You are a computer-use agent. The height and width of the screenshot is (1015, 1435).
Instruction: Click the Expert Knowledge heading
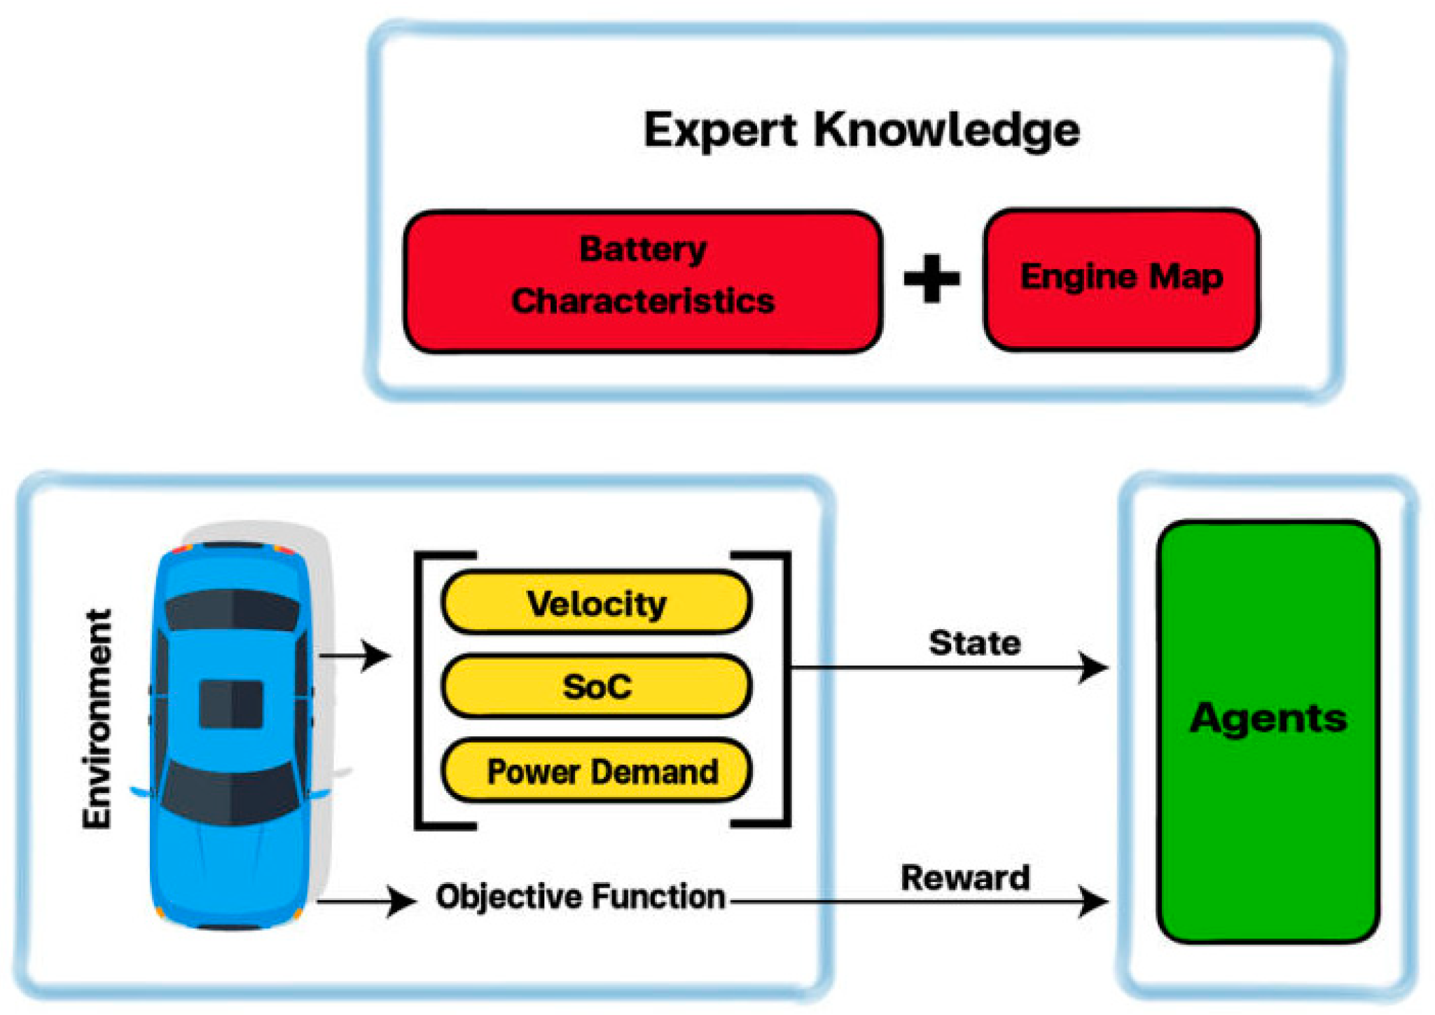[x=861, y=130]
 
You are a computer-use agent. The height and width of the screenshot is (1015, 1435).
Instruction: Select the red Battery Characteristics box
[x=642, y=281]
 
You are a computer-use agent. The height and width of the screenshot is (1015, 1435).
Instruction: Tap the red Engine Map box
[x=1121, y=279]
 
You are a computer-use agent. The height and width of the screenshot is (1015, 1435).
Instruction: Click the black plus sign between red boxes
[x=931, y=279]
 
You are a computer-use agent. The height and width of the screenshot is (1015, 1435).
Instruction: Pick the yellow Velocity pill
[x=596, y=603]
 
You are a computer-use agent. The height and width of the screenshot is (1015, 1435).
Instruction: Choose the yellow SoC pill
[x=596, y=686]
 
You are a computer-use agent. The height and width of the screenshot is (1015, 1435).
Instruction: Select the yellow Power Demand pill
[x=596, y=771]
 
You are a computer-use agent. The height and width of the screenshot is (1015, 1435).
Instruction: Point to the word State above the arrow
[x=974, y=643]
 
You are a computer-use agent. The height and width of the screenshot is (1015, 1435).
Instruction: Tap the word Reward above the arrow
[x=965, y=878]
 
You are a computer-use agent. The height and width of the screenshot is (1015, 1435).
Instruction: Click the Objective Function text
[x=580, y=897]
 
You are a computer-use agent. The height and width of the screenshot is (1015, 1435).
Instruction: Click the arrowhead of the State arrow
[x=1094, y=668]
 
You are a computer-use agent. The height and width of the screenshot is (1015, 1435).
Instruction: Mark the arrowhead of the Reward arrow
[x=1094, y=902]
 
